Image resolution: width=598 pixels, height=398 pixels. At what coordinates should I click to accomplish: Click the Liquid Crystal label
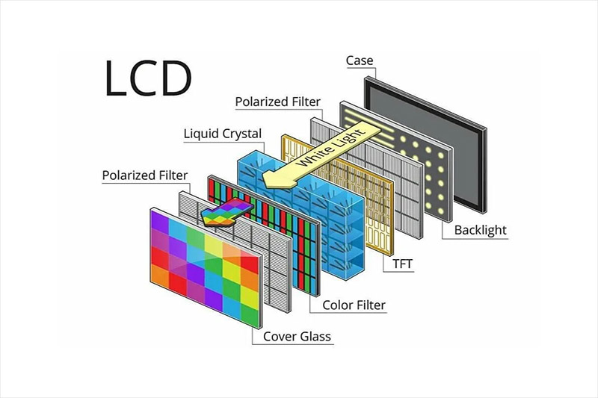coord(223,134)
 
